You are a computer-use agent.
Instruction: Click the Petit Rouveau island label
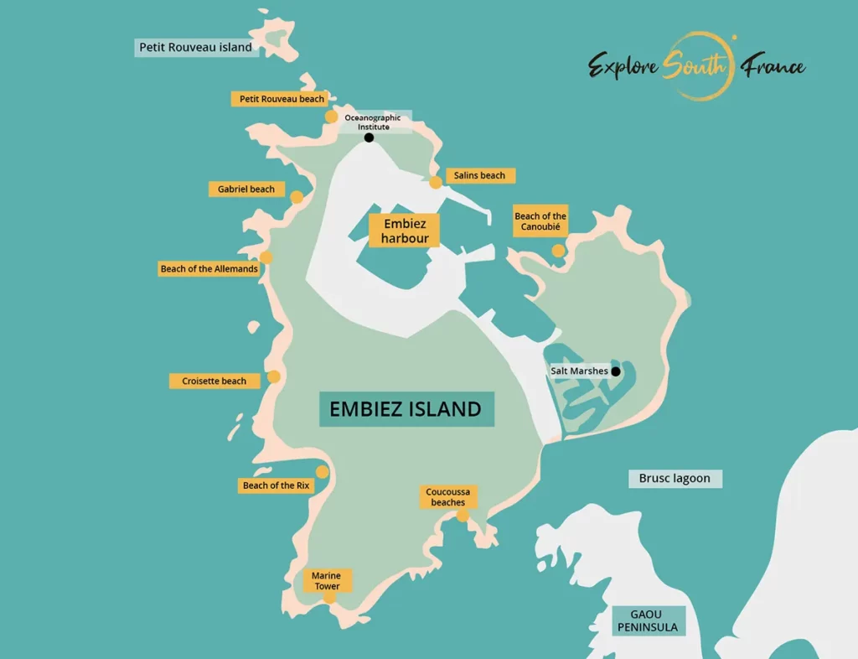coord(195,48)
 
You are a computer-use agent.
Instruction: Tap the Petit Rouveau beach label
coord(282,99)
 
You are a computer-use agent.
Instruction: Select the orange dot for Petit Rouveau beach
coord(332,117)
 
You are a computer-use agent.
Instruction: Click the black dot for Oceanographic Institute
coord(369,138)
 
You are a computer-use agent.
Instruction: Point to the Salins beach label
coord(480,175)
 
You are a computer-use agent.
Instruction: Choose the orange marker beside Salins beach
coord(436,183)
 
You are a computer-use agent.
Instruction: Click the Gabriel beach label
coord(246,189)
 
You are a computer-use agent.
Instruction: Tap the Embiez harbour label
coord(405,231)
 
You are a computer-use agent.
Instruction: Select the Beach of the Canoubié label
coord(540,222)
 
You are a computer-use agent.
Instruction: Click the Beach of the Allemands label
coord(209,269)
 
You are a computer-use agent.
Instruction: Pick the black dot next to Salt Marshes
coord(616,371)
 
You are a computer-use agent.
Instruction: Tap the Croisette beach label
coord(214,381)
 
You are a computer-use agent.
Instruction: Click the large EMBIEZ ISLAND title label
coord(406,409)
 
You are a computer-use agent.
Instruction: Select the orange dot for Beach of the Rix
coord(323,472)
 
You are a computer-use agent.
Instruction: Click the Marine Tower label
coord(327,581)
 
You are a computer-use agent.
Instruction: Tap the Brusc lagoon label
coord(675,479)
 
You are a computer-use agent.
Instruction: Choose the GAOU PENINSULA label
coord(647,621)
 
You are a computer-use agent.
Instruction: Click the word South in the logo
coord(693,66)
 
